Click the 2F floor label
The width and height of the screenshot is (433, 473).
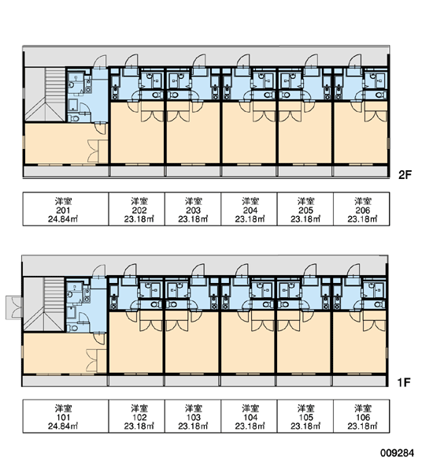pos(405,175)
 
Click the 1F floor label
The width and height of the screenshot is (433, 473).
pos(404,382)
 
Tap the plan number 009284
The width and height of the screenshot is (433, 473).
pos(397,453)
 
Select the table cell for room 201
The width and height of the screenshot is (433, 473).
pos(65,209)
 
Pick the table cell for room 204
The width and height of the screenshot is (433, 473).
pos(250,209)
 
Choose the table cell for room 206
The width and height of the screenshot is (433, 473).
pos(361,209)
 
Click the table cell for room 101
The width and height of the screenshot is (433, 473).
pos(65,416)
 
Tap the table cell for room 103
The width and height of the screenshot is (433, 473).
pos(193,416)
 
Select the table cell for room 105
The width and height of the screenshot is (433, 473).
pos(305,416)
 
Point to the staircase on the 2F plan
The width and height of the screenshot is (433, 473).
pos(45,95)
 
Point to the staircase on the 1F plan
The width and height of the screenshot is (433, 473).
pos(44,304)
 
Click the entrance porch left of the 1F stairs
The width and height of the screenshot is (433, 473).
pos(14,307)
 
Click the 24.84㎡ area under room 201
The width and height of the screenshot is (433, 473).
pos(63,219)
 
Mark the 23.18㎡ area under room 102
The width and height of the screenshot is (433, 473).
pos(139,426)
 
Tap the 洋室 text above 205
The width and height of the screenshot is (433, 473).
pos(305,201)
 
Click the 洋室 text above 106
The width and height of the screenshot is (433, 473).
pos(362,408)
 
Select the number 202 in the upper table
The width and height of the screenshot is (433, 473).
pos(139,210)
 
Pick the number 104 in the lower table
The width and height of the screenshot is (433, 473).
pos(250,418)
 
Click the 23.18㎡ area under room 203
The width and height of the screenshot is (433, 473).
pos(193,219)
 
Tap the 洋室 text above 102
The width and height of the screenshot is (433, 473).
pos(139,408)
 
